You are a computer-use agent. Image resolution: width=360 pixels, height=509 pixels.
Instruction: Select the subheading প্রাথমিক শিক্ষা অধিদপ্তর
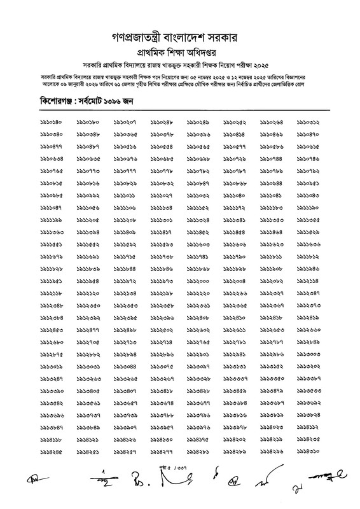pyautogui.click(x=179, y=48)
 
